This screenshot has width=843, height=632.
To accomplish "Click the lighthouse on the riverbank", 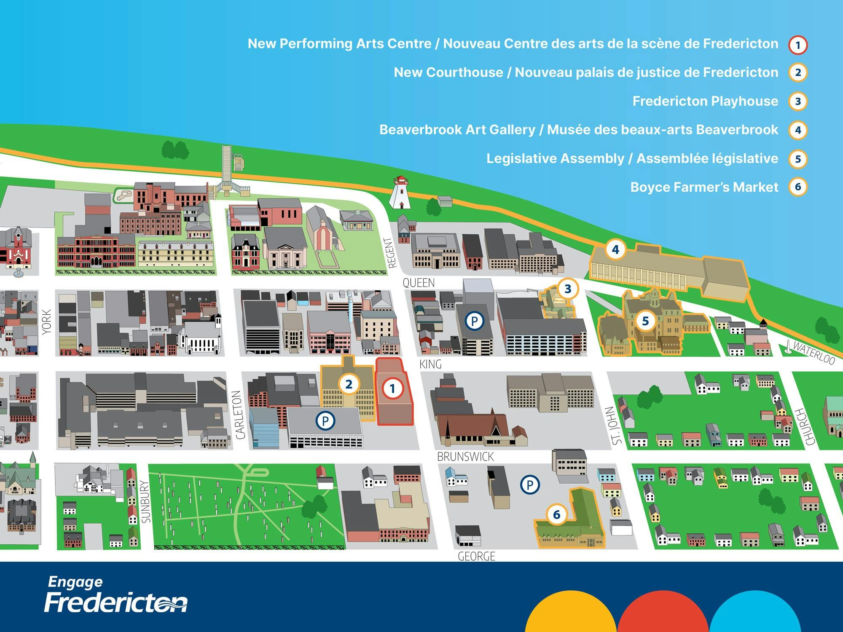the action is click(400, 193).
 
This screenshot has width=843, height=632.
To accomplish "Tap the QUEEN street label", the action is click(419, 283).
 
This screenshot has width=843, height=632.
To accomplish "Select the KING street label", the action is click(430, 364).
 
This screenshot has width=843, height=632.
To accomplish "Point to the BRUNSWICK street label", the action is click(465, 457).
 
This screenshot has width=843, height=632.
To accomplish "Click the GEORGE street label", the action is click(476, 556).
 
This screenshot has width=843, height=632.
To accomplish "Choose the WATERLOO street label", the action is click(813, 352).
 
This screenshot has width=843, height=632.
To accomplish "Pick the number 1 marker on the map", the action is click(392, 388).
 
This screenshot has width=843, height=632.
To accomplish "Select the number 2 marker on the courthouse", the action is click(349, 384).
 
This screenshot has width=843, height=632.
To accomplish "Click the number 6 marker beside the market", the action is click(556, 514).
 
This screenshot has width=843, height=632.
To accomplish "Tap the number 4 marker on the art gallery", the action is click(615, 250).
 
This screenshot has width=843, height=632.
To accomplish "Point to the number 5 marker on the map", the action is click(645, 321).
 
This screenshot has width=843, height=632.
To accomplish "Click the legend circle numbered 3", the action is click(797, 102).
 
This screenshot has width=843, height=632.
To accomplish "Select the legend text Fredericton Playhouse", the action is click(705, 101).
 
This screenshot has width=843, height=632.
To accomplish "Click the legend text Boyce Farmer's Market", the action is click(704, 187).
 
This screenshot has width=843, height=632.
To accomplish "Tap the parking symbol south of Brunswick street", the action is click(530, 485).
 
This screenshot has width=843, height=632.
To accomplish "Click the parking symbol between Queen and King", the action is click(474, 321).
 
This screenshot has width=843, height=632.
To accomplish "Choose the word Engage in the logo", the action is click(75, 582).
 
